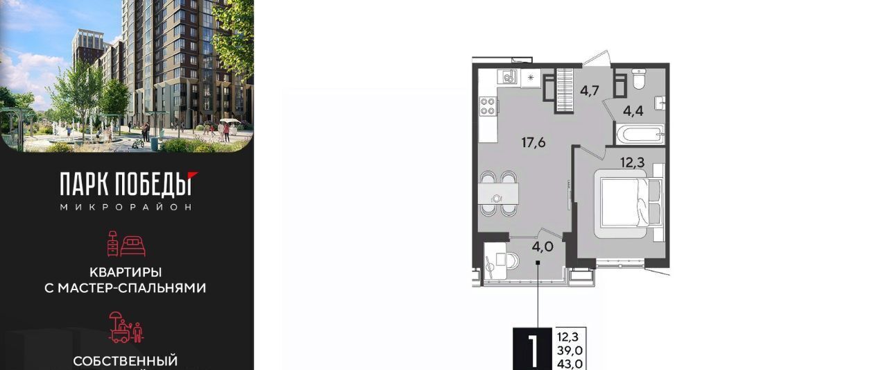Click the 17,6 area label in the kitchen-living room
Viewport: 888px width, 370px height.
click(x=533, y=142)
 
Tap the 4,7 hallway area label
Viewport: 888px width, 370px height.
click(x=590, y=91)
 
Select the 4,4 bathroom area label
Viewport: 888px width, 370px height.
click(x=633, y=110)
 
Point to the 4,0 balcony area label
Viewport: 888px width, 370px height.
click(x=543, y=246)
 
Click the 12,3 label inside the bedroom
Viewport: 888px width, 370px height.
click(x=632, y=162)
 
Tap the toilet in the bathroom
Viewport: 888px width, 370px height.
click(x=640, y=78)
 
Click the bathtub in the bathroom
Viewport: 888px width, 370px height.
click(x=640, y=134)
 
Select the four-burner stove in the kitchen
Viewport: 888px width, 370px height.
click(x=488, y=106)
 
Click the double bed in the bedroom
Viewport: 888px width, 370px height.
click(x=629, y=203)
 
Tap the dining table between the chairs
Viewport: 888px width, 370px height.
click(x=498, y=194)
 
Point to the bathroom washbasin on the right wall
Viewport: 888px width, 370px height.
click(x=660, y=103)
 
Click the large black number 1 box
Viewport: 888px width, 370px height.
click(x=532, y=349)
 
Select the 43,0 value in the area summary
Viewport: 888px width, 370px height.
click(x=570, y=364)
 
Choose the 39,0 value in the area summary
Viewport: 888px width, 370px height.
click(x=570, y=350)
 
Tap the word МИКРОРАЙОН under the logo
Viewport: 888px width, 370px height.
click(x=126, y=207)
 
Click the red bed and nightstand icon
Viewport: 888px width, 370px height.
click(x=126, y=244)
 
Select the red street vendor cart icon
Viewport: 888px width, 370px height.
click(x=126, y=327)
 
